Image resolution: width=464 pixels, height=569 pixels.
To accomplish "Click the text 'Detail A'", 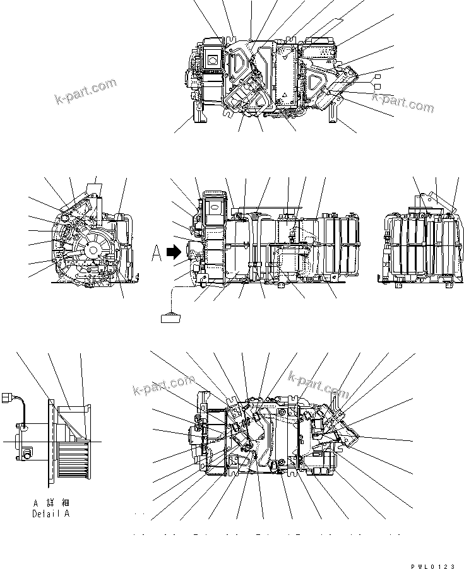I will pyautogui.click(x=54, y=514).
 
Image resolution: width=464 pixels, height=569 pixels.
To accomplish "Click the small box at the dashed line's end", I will pyautogui.click(x=171, y=317).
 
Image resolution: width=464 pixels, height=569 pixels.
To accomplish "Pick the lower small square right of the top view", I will pyautogui.click(x=378, y=86).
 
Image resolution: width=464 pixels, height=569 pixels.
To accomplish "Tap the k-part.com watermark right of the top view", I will pyautogui.click(x=402, y=101).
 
